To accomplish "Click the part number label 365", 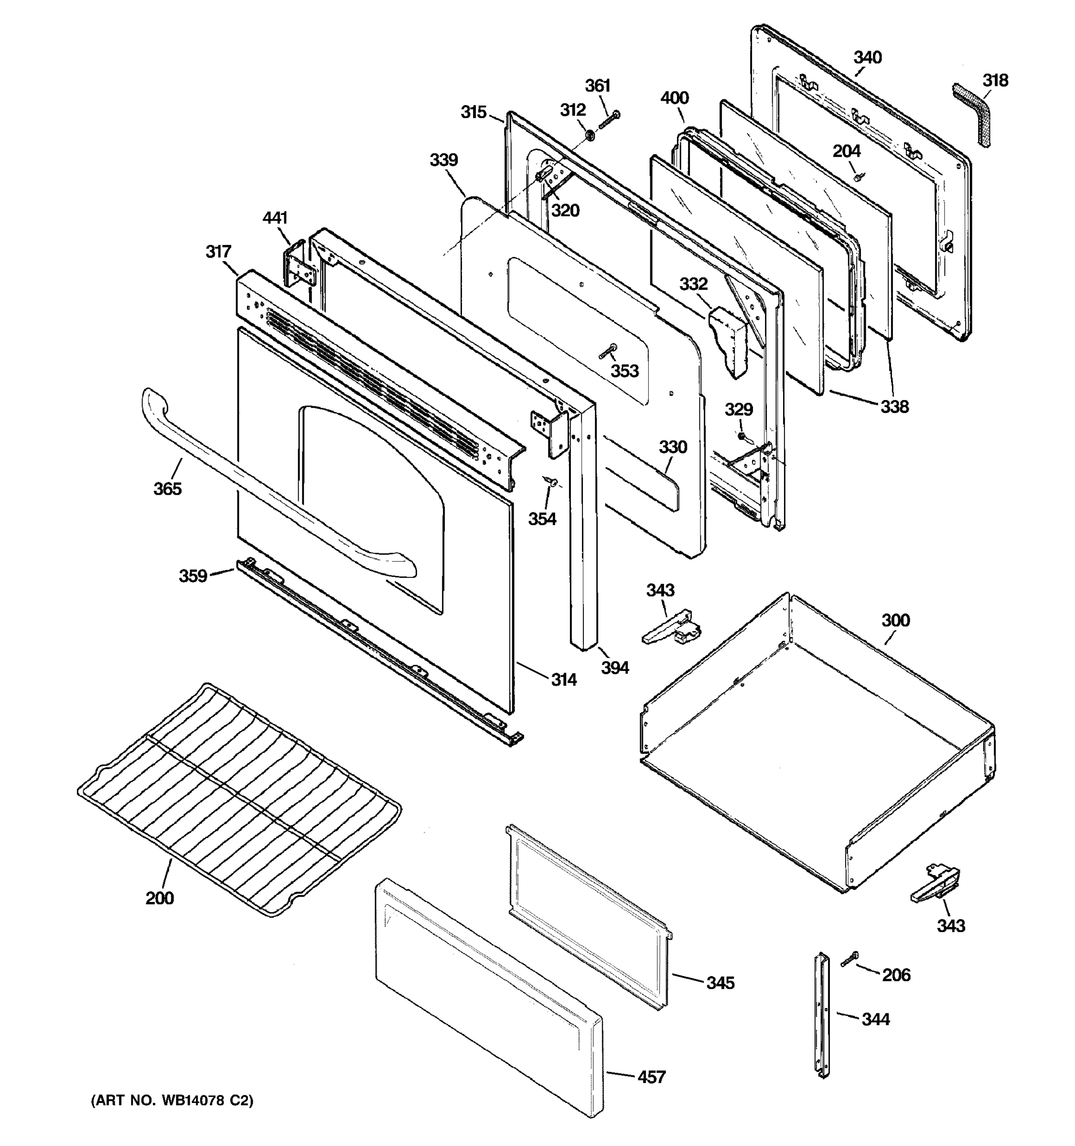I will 167,489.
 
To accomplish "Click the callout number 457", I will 651,1077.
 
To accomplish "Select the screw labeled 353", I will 608,350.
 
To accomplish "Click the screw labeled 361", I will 610,120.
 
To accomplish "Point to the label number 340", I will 867,58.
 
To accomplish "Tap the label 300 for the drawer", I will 895,620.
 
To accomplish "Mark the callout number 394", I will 615,668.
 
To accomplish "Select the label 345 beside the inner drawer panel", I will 720,982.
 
